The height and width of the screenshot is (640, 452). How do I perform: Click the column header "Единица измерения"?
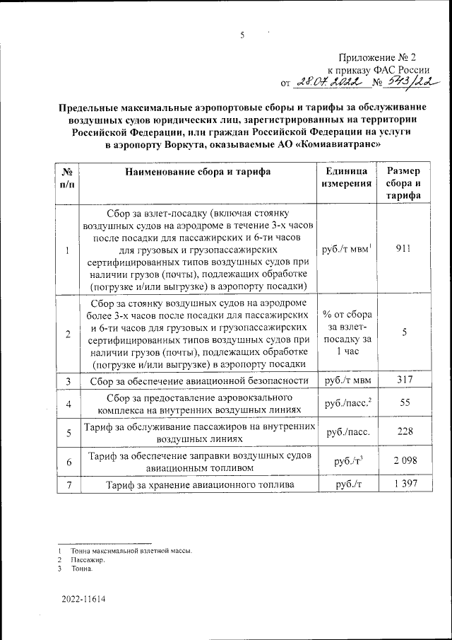point(347,177)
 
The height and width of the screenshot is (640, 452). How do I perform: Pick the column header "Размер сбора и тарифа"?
point(403,183)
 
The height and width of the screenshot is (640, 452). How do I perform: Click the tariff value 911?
point(403,249)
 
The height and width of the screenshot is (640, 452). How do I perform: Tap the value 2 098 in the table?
point(403,460)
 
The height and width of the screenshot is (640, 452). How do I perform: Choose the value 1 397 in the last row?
point(403,485)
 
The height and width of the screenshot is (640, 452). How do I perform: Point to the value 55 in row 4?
point(403,403)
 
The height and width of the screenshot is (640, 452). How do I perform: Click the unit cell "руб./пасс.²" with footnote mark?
point(347,403)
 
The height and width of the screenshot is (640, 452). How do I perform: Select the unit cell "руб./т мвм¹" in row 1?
point(347,249)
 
